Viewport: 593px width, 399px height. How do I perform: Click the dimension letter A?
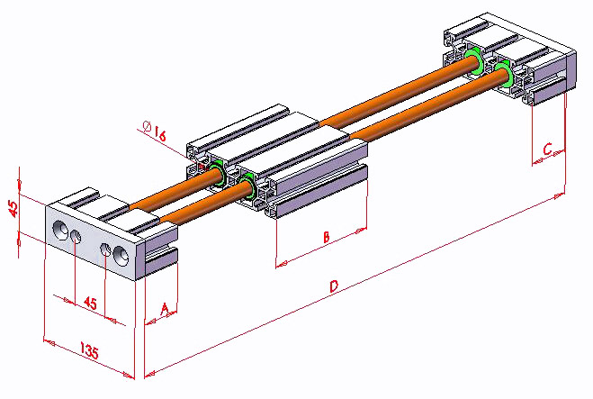[x=164, y=308]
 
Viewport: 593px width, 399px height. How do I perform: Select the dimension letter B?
[x=326, y=238]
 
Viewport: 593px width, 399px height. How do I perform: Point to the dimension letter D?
[x=334, y=287]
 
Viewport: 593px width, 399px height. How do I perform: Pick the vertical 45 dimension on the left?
[x=13, y=208]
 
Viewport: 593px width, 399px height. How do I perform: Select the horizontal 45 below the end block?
[x=90, y=304]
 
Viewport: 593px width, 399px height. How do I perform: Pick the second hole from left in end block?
[x=76, y=237]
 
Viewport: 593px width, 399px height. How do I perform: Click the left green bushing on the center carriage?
[x=217, y=174]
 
